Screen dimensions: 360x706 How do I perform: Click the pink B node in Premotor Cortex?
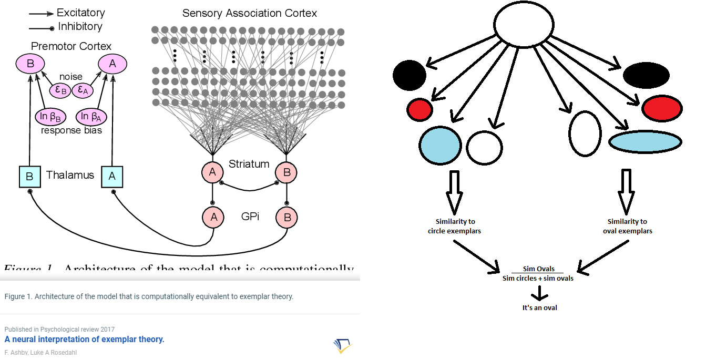[x=30, y=64]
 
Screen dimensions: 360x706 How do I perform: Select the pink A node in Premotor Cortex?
[x=112, y=64]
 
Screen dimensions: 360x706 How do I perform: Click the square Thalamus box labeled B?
[x=29, y=177]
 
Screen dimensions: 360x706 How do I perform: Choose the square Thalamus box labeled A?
[x=112, y=177]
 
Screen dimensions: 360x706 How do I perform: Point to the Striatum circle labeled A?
[x=212, y=172]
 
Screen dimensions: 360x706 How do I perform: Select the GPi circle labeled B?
[x=287, y=217]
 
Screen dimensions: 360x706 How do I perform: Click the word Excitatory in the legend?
[x=80, y=13]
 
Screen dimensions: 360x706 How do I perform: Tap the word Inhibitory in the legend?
[x=80, y=26]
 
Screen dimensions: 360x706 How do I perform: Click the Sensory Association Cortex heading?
[x=250, y=13]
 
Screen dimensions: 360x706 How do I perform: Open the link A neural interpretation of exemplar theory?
[x=84, y=339]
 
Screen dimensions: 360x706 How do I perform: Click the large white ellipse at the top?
[x=524, y=25]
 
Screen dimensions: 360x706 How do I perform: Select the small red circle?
[x=419, y=109]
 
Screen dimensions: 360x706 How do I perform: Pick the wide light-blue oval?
[x=646, y=142]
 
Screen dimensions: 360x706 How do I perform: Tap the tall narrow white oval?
[x=585, y=133]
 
